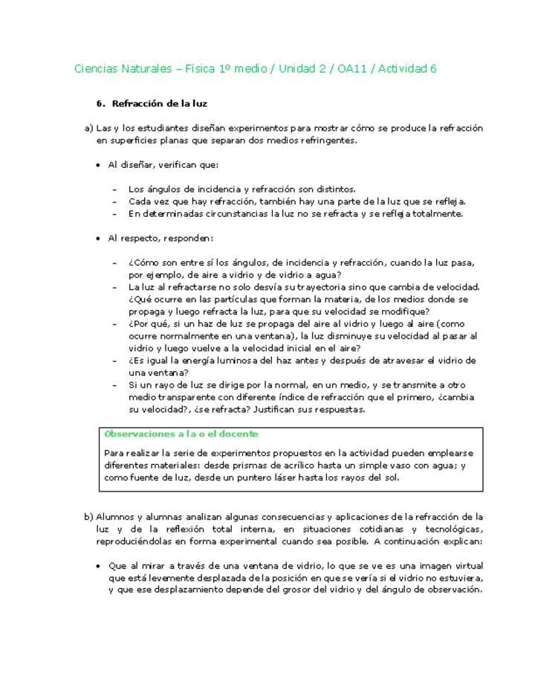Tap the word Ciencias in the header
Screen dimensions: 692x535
tap(97, 69)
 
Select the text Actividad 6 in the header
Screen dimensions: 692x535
tap(407, 69)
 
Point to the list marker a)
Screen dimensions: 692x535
tap(88, 128)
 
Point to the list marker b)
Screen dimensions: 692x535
tap(88, 516)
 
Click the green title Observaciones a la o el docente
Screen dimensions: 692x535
tap(181, 434)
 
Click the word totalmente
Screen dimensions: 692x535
tap(436, 214)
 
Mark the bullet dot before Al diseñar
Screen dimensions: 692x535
tap(97, 165)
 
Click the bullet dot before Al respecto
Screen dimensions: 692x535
tap(97, 238)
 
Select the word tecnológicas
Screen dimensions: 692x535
tap(453, 529)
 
